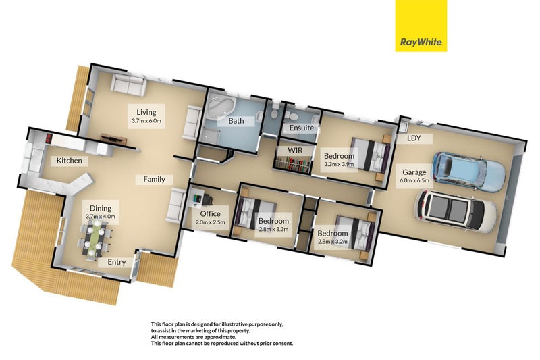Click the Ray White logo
pos(421,26)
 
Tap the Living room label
pos(146,112)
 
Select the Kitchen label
pos(70,161)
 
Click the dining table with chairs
pos(94,237)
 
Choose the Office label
pos(210,214)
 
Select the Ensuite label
pos(300,128)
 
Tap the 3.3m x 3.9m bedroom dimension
pos(339,164)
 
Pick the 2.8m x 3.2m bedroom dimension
pos(333,242)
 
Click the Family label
pos(154,180)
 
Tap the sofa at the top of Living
pos(128,86)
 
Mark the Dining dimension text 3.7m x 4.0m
pos(100,216)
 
